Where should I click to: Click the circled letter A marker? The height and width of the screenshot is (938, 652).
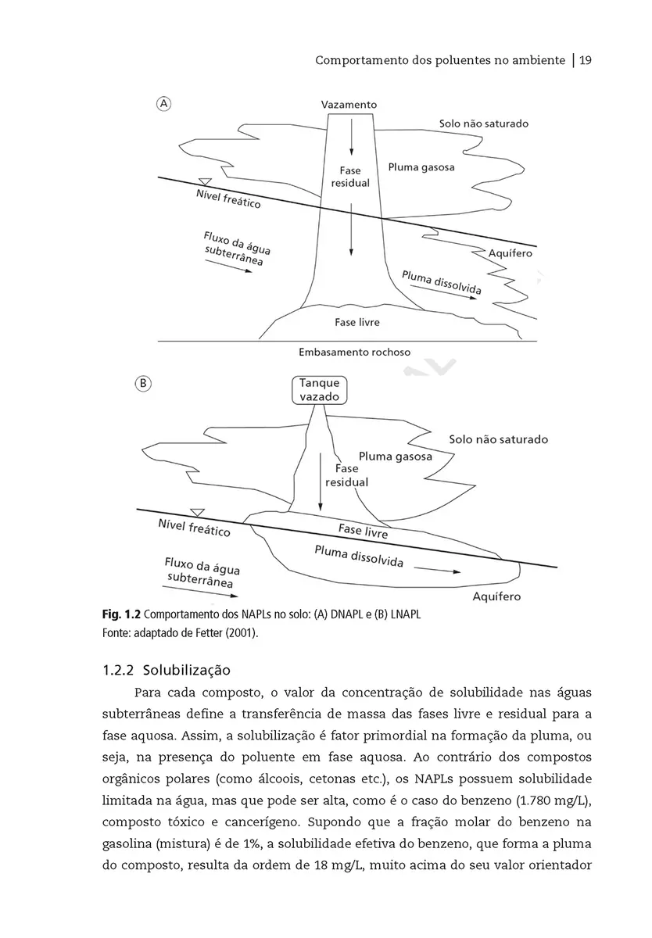(x=165, y=103)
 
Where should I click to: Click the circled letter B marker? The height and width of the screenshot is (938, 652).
(x=144, y=383)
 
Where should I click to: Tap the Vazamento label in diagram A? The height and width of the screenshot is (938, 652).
(x=349, y=104)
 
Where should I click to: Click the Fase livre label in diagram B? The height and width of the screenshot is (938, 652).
(x=363, y=531)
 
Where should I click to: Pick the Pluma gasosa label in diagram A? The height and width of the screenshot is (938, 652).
(x=421, y=167)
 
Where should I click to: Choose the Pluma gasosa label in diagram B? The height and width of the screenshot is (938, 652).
(x=395, y=456)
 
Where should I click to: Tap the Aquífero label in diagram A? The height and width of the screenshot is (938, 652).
(x=510, y=253)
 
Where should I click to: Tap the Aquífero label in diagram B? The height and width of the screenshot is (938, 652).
(x=497, y=596)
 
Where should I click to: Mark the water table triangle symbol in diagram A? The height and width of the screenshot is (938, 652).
(x=206, y=182)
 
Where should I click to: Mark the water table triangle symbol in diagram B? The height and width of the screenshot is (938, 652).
(x=197, y=512)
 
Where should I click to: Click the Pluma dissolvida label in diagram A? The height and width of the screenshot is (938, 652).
(x=441, y=282)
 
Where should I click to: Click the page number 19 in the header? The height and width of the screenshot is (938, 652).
(x=584, y=60)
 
